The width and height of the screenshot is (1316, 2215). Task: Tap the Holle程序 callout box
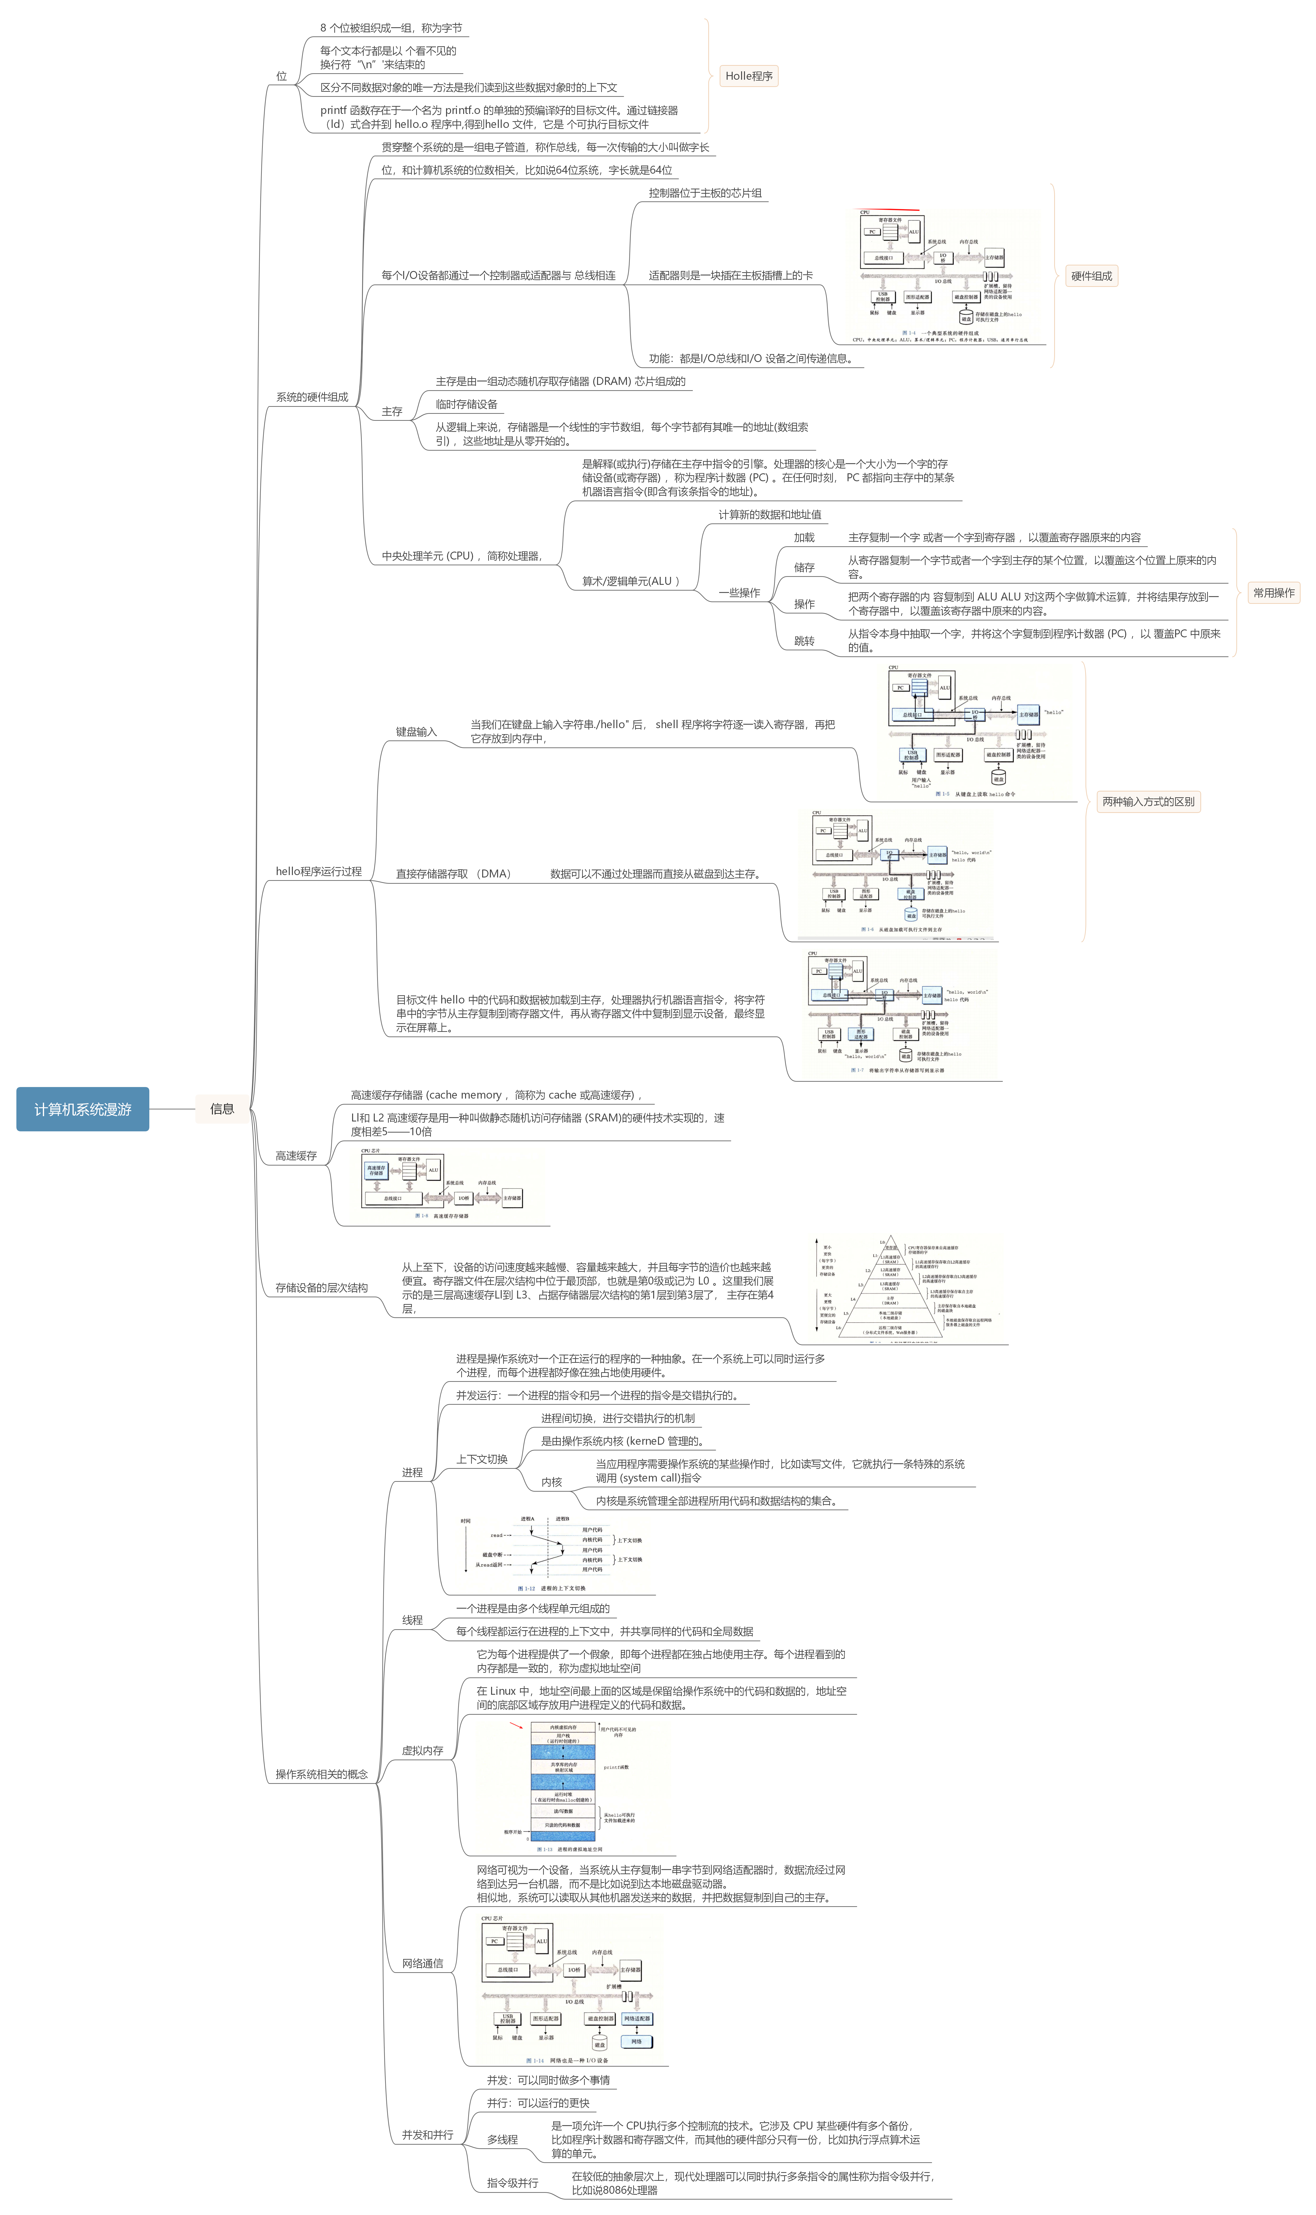coord(749,76)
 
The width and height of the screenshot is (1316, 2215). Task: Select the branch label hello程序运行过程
coord(318,872)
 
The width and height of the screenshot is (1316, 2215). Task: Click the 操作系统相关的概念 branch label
coord(321,1774)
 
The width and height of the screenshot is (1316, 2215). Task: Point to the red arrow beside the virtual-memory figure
coord(516,1726)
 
